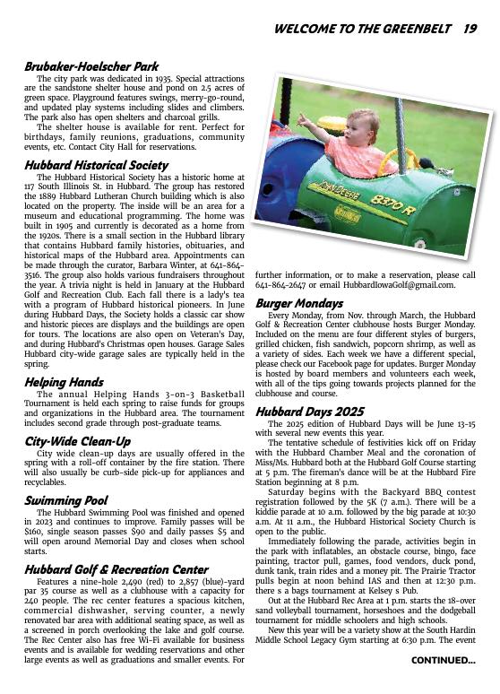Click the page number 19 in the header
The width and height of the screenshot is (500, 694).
pos(470,29)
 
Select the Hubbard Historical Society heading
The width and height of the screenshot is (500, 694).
pos(96,165)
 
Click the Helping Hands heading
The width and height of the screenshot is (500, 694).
pos(64,382)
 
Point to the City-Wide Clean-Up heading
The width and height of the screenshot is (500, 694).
pos(77,441)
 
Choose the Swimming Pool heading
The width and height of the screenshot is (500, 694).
pos(66,500)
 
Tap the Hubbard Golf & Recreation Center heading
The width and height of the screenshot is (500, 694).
pos(116,569)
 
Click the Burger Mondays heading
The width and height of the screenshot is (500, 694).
pos(299,304)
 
